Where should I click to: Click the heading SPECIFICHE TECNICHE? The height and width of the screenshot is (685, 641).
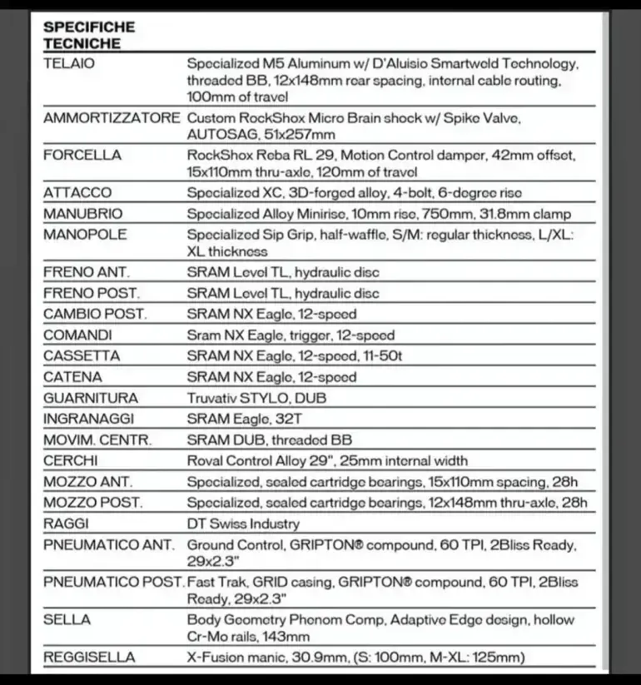tap(90, 35)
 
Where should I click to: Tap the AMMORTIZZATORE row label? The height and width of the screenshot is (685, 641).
tap(111, 118)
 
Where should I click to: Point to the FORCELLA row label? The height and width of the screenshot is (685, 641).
tap(82, 155)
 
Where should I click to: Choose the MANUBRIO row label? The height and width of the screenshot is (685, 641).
tap(82, 214)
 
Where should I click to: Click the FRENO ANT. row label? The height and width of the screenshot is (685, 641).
tap(86, 272)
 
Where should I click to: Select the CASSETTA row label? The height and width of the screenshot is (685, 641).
tap(82, 356)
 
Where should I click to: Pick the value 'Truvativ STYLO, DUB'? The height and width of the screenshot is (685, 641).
tap(256, 398)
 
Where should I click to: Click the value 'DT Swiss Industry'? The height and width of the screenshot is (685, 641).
tap(243, 524)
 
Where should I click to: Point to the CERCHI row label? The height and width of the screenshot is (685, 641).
tap(70, 460)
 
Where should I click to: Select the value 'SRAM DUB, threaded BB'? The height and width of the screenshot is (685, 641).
tap(269, 439)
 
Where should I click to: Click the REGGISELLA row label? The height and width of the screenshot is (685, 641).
tap(89, 658)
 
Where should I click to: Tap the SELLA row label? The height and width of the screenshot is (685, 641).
tap(67, 620)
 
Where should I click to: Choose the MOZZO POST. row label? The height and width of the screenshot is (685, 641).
tap(93, 503)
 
